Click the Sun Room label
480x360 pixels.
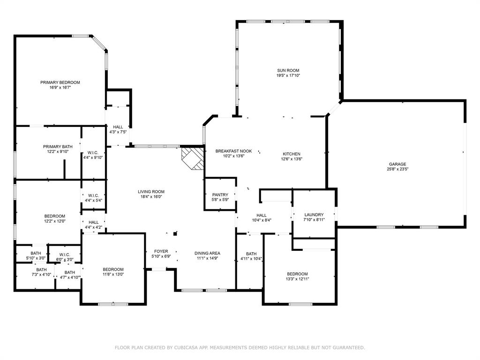pos(288,70)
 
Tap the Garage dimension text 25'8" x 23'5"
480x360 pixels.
pos(397,169)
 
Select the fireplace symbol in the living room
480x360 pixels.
pos(193,158)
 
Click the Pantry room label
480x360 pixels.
pos(220,195)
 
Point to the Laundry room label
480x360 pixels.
pos(314,215)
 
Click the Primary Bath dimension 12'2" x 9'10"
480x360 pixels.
pos(58,151)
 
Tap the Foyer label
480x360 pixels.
pos(161,251)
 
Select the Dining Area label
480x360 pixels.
pos(207,253)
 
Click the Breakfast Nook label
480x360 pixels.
pos(233,151)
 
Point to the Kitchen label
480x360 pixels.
pos(291,154)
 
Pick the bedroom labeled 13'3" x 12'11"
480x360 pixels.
pos(298,276)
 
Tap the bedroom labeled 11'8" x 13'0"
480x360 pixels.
pos(113,271)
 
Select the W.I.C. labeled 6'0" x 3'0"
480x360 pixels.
pos(64,256)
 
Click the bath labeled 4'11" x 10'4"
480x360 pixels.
pos(251,256)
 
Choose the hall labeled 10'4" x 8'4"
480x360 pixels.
pos(261,217)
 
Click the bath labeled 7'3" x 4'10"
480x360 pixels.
pos(42,272)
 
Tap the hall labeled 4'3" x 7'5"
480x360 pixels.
pos(118,129)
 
